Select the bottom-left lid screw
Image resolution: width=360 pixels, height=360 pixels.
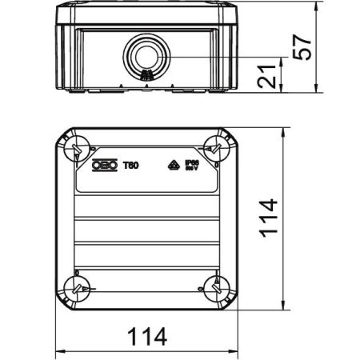pos(77,289)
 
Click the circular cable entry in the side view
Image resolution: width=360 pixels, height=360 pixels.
pos(146,56)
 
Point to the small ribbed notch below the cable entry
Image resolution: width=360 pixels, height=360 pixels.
pos(146,78)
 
